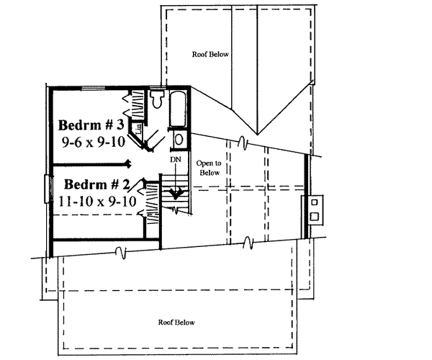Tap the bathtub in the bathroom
177,109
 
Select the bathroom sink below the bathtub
179,140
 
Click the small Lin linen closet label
138,129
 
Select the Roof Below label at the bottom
176,322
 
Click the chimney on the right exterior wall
314,209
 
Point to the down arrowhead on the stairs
174,192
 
